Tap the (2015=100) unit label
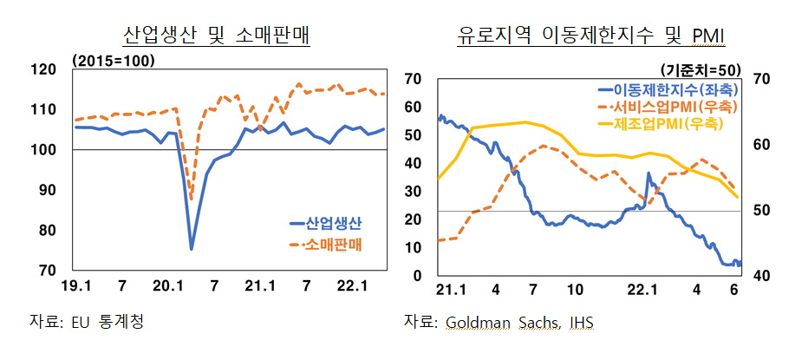[x=114, y=60]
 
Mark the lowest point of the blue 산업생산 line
[x=191, y=249]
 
